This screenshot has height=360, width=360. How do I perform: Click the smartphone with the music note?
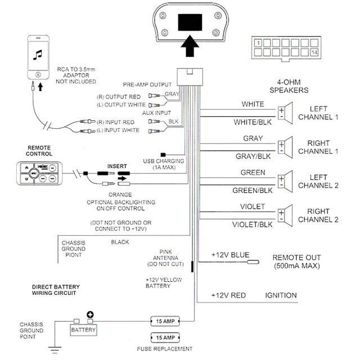coord(38,57)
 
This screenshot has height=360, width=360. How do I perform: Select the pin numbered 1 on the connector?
coord(258,43)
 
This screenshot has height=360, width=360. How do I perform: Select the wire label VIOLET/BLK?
coord(249,224)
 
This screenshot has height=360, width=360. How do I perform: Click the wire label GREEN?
coord(253,172)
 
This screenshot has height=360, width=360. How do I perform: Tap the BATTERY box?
coord(83,330)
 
